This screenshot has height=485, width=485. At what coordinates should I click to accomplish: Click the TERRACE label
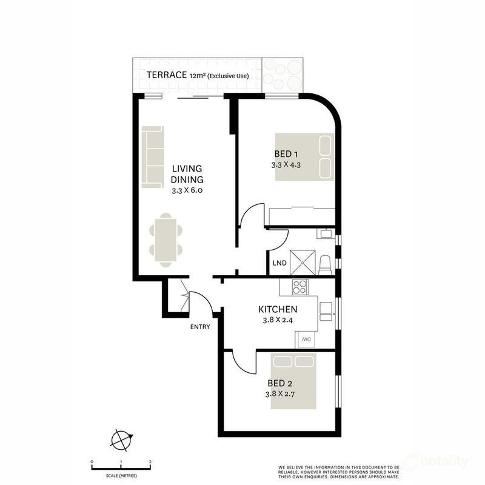click(x=166, y=75)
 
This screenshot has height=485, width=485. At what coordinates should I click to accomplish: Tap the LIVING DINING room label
click(x=187, y=174)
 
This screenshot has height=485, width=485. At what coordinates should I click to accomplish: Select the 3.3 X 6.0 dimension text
click(x=187, y=190)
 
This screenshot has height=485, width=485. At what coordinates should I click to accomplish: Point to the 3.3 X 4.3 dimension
click(x=287, y=164)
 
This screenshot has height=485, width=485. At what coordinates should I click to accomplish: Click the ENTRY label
click(x=199, y=327)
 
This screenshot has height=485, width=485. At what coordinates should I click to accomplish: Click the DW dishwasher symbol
click(x=306, y=341)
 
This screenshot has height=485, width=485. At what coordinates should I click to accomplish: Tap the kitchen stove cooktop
click(x=300, y=286)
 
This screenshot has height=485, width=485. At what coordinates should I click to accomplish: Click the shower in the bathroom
click(x=303, y=262)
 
